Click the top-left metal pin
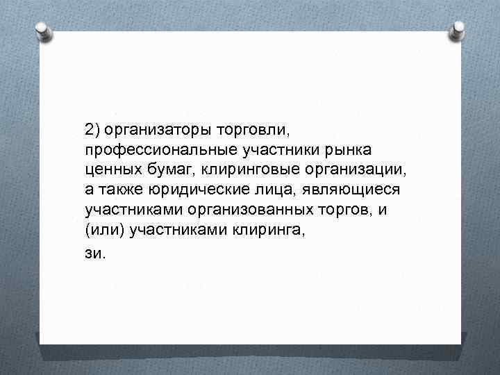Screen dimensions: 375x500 (x=42, y=31)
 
